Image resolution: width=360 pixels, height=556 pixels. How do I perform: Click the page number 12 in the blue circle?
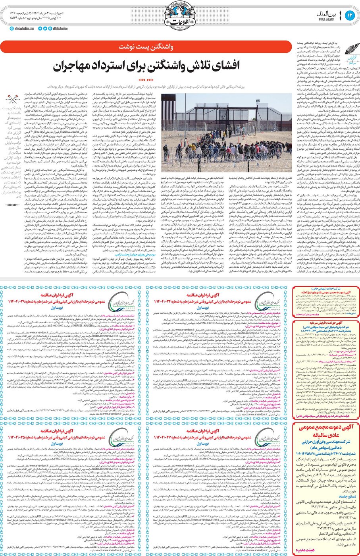[x=350, y=15]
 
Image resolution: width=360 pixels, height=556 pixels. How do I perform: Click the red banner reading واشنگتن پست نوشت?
[x=146, y=47]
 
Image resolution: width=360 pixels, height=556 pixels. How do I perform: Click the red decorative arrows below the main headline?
[x=147, y=80]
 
